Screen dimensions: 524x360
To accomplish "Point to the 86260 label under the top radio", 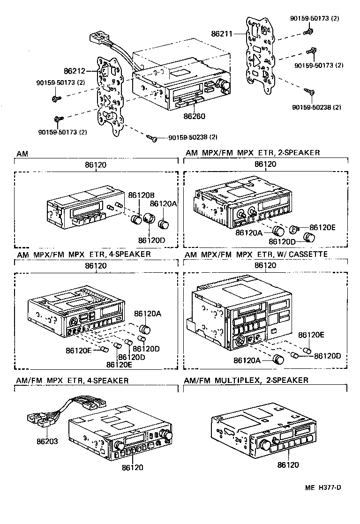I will click(195, 115).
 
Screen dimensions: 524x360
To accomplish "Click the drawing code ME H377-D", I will click(323, 487).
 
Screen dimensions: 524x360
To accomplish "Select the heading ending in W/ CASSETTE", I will click(256, 254).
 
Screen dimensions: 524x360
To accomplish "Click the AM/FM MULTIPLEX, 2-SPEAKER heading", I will click(247, 380).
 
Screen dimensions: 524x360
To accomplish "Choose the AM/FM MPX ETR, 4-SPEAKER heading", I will click(72, 380).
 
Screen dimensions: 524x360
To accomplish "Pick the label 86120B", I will click(142, 195).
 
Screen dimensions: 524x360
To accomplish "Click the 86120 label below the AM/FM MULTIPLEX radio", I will click(287, 465).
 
